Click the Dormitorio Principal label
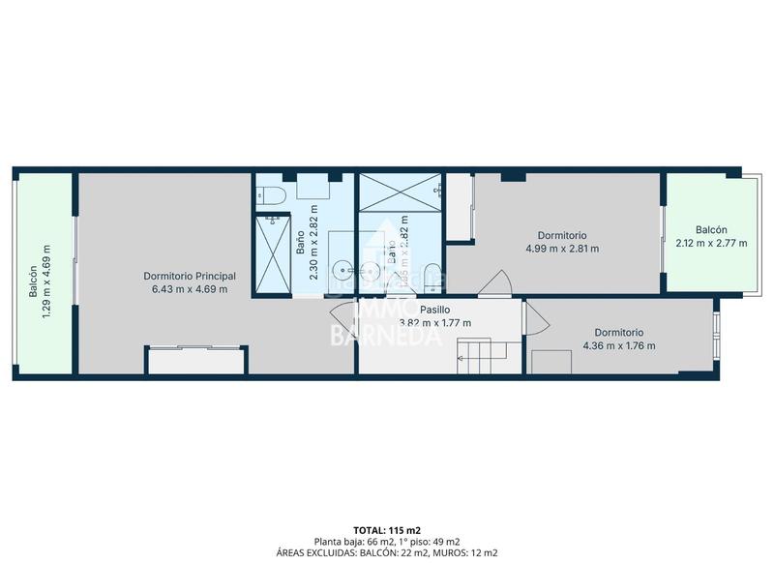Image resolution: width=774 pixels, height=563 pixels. click(189, 276)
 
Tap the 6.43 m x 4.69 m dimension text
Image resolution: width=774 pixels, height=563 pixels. click(189, 288)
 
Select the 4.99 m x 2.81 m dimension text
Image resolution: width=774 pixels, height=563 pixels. click(562, 249)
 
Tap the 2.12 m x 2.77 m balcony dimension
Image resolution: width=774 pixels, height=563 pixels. click(711, 243)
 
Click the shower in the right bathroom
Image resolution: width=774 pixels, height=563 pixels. click(399, 200)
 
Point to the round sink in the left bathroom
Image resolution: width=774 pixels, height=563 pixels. click(342, 269)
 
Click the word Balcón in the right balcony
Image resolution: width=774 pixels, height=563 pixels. click(711, 230)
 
